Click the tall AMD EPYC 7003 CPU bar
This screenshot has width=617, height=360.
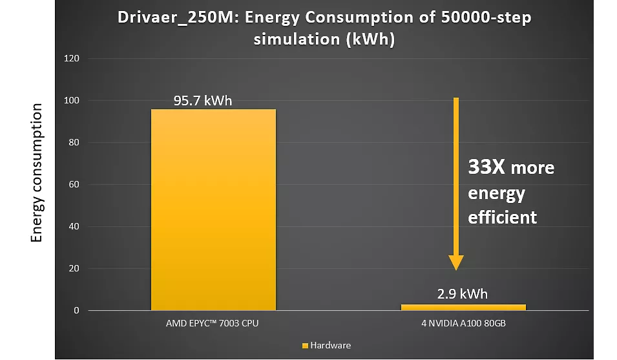pyautogui.click(x=213, y=209)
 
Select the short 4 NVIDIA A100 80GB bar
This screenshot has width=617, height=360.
pyautogui.click(x=463, y=307)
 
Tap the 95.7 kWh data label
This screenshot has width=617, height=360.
pyautogui.click(x=203, y=101)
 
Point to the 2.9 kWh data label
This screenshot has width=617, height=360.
pyautogui.click(x=463, y=294)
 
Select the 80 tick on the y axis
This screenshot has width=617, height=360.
pyautogui.click(x=73, y=143)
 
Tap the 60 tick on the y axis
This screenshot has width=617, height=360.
pyautogui.click(x=73, y=185)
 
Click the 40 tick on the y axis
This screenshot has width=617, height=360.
pyautogui.click(x=73, y=227)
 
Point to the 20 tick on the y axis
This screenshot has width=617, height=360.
pyautogui.click(x=73, y=269)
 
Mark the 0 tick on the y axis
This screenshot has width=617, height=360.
pyautogui.click(x=76, y=311)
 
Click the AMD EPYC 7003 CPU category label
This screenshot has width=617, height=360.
pyautogui.click(x=212, y=323)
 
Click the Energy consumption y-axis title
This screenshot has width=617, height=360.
pyautogui.click(x=37, y=173)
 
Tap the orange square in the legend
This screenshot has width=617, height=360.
pyautogui.click(x=305, y=346)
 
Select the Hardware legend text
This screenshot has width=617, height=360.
pyautogui.click(x=330, y=346)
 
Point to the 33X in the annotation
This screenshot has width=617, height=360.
pyautogui.click(x=486, y=168)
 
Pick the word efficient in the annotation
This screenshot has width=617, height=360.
pyautogui.click(x=502, y=217)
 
